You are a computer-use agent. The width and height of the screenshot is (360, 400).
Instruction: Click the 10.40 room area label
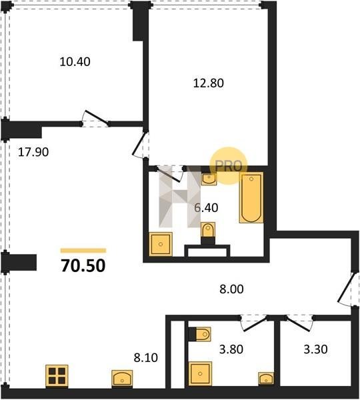(75, 62)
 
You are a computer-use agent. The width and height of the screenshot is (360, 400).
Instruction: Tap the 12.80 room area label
(209, 83)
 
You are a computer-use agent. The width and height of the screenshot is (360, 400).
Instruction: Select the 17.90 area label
(33, 152)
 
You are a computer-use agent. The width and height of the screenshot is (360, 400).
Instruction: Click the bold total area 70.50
(83, 265)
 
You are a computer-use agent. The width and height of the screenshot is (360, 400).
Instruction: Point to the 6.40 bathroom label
(206, 207)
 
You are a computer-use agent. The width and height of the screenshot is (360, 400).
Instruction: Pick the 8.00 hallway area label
(231, 289)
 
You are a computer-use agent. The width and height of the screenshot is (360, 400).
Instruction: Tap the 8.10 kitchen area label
(146, 357)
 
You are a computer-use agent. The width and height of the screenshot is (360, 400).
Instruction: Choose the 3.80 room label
(231, 349)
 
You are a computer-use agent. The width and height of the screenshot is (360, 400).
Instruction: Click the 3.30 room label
(315, 349)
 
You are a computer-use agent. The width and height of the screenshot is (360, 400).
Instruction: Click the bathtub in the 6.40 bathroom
(251, 198)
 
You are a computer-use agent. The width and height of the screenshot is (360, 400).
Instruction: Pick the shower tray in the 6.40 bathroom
(161, 244)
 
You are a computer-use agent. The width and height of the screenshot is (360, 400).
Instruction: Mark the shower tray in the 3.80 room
(200, 374)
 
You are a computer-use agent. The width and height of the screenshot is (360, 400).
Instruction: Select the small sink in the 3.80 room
(266, 378)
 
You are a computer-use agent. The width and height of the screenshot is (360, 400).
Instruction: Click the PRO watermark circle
(229, 165)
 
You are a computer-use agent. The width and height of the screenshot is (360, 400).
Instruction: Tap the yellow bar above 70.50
(83, 251)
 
